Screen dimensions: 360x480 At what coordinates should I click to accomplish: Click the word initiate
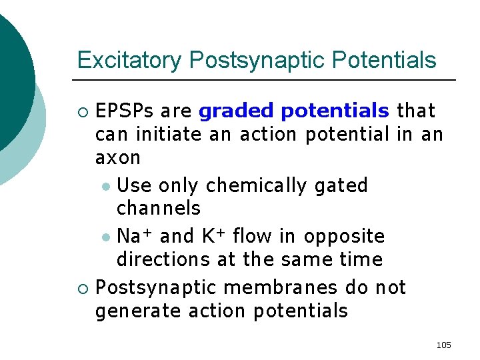[169, 134]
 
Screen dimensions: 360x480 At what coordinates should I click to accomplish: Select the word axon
[118, 157]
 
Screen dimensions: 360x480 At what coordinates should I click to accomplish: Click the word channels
[158, 208]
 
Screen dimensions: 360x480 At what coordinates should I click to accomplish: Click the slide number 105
[443, 345]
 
